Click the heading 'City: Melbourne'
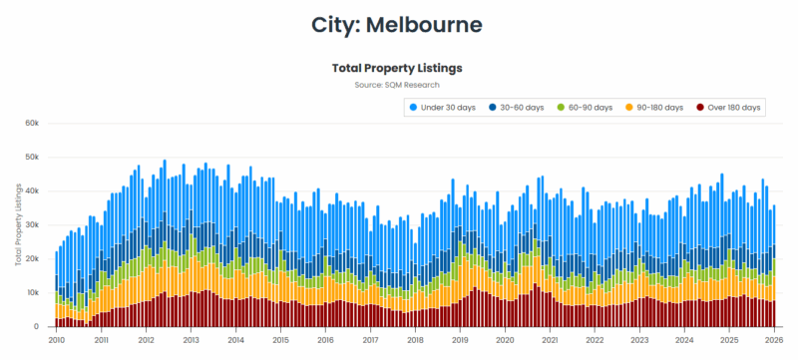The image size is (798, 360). [x=397, y=24]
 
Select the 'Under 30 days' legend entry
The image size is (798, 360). [x=449, y=107]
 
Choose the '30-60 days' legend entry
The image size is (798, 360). [x=526, y=107]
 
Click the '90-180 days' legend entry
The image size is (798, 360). [x=657, y=107]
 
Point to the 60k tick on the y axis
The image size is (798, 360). [x=32, y=124]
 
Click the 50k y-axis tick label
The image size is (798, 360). [x=32, y=158]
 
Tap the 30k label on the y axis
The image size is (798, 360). [x=32, y=225]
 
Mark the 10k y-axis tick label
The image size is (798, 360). [x=32, y=293]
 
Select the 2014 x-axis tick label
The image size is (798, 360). [x=235, y=339]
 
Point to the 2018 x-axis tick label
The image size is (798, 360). [x=415, y=339]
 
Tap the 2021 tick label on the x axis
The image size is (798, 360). [x=550, y=339]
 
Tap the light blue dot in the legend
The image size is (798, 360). [x=413, y=107]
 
